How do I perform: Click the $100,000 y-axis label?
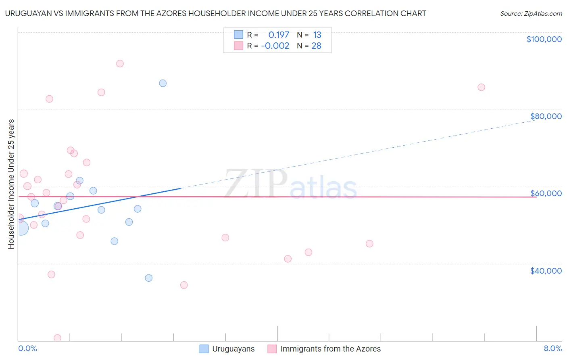click(x=544, y=39)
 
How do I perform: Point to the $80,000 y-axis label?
click(x=546, y=116)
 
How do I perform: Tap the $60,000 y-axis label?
click(x=546, y=193)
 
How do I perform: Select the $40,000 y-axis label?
click(x=546, y=271)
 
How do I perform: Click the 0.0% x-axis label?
click(x=27, y=348)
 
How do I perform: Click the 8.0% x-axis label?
click(x=552, y=348)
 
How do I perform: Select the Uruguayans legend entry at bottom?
click(x=233, y=349)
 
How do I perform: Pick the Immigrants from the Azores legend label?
click(x=330, y=349)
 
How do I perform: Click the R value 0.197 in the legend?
click(x=279, y=35)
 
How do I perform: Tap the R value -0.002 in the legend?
click(x=275, y=46)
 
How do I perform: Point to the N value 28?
click(x=316, y=46)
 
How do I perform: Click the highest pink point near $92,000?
click(x=120, y=63)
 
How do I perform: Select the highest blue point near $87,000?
click(x=163, y=83)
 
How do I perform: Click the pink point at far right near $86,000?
click(x=481, y=87)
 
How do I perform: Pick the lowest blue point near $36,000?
click(x=149, y=278)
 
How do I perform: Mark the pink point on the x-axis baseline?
click(x=57, y=338)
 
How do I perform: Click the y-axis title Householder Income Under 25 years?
click(x=11, y=184)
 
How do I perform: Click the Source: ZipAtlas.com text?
click(x=531, y=14)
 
